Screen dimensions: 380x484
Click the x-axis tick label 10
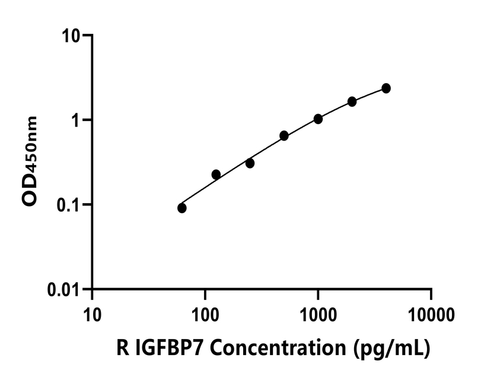point(92,313)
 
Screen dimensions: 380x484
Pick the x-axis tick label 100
point(205,313)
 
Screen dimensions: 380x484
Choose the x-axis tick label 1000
point(318,313)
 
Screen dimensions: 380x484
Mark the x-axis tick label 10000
point(431,313)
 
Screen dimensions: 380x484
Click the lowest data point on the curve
point(182,208)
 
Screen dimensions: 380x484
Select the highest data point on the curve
point(386,88)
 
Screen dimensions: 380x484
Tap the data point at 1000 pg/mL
point(318,119)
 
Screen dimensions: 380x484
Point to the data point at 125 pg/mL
point(216,175)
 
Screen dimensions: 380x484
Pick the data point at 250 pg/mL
point(250,163)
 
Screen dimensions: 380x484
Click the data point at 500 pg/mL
point(284,136)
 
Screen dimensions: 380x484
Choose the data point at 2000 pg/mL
point(352,102)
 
